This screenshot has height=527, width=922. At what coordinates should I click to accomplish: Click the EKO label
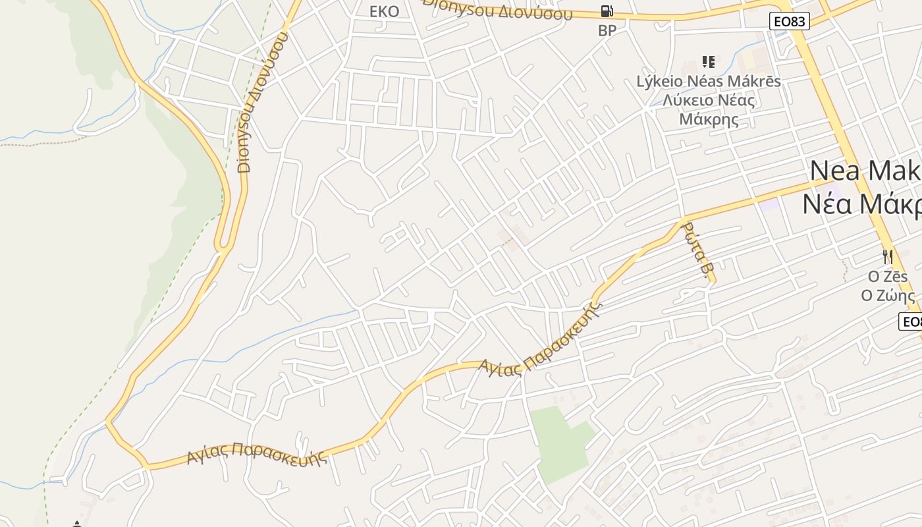pos(385,11)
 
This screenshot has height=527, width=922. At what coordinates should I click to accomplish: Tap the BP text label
pos(607,30)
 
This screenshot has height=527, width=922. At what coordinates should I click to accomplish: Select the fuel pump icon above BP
pos(607,11)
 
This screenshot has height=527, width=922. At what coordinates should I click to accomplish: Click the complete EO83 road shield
pos(789,21)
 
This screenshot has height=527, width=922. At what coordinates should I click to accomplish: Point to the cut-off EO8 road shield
pos(911,321)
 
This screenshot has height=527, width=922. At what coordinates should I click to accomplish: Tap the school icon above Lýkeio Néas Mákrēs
pos(709,62)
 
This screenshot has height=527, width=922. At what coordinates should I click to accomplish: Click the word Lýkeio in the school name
pos(661,82)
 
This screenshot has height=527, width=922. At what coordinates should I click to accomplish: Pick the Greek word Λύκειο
pos(687,101)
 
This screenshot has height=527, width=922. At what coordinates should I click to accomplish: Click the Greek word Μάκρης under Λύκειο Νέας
pos(709,120)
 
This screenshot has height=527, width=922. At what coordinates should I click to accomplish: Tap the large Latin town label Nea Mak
pos(865,171)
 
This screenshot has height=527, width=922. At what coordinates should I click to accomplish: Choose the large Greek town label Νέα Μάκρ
pos(862,204)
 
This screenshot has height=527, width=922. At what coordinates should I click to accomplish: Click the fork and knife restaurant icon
pos(888,256)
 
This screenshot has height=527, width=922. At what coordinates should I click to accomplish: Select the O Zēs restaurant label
pos(888,277)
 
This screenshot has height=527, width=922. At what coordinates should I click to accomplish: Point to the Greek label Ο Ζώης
pos(888,295)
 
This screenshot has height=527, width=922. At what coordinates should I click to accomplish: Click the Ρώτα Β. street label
pos(698,250)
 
